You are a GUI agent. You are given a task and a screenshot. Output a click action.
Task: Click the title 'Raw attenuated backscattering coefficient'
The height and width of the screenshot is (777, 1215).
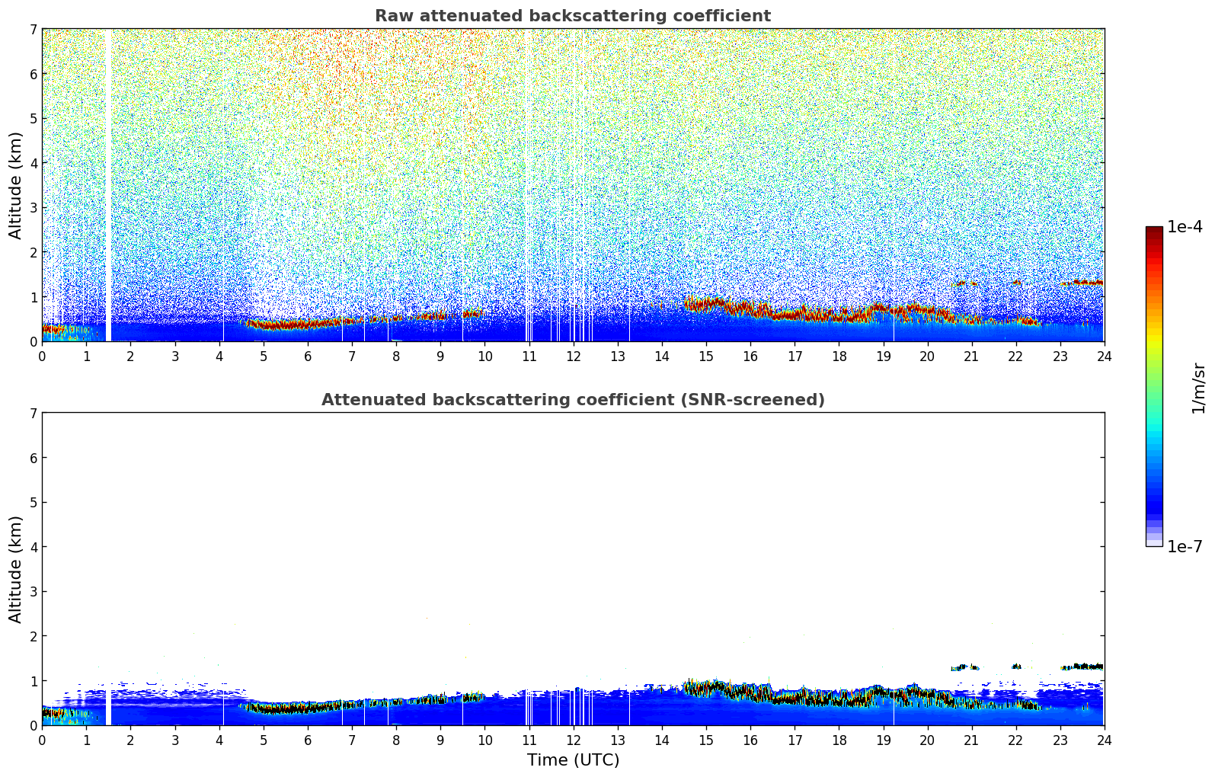pos(572,16)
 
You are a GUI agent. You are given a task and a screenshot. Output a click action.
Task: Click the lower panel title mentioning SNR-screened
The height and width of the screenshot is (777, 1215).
pos(572,400)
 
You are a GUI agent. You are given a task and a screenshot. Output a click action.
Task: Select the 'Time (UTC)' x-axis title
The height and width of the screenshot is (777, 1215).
pos(573,759)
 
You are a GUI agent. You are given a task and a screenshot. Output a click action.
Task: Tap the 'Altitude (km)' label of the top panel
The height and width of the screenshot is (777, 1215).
pos(15,185)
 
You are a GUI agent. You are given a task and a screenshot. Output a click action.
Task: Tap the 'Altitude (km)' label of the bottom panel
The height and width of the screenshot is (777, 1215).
pos(15,569)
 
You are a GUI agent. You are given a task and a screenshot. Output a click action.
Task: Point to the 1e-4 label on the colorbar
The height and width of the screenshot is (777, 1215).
pos(1185,227)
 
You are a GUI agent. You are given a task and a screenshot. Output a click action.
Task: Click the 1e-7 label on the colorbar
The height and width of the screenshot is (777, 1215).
pos(1185,546)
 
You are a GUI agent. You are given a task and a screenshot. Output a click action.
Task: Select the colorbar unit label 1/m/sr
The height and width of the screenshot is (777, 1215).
pos(1198,388)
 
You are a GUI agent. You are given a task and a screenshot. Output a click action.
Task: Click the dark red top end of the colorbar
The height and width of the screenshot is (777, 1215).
pos(1154,230)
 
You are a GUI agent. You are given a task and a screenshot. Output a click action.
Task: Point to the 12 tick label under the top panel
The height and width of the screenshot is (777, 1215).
pos(573,356)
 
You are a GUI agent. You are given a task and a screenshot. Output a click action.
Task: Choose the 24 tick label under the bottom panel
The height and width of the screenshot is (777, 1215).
pos(1104,740)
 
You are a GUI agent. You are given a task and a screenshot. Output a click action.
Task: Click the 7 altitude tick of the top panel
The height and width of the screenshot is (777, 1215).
pos(34,30)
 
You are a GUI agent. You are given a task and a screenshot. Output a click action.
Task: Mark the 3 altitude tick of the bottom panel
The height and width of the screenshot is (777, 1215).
pos(34,592)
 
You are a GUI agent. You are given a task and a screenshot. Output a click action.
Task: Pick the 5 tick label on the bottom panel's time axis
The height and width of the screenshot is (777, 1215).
pos(264,740)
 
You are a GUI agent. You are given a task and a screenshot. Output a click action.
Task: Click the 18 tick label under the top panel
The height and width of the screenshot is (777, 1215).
pos(839,356)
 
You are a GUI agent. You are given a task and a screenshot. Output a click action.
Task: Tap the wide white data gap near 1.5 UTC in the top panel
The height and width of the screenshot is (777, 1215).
pos(108,183)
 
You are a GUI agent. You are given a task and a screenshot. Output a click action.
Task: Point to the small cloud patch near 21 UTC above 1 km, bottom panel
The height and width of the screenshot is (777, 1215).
pos(965,667)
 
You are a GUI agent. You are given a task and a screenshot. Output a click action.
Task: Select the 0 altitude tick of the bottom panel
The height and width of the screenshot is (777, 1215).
pos(34,725)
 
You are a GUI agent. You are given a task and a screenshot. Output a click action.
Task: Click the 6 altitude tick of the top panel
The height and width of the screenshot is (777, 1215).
pos(34,74)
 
